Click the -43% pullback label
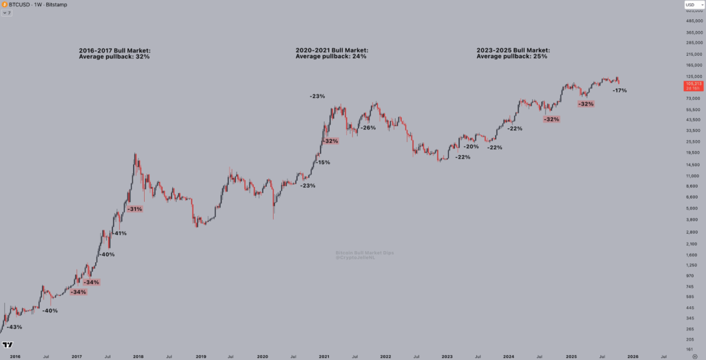pyautogui.click(x=14, y=327)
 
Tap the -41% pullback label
pyautogui.click(x=119, y=233)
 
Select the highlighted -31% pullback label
pyautogui.click(x=135, y=208)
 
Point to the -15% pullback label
pyautogui.click(x=323, y=163)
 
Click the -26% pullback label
pyautogui.click(x=368, y=128)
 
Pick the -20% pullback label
pyautogui.click(x=472, y=146)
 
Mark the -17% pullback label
pyautogui.click(x=619, y=90)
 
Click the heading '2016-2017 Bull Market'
pyautogui.click(x=114, y=50)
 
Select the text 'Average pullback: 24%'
pyautogui.click(x=331, y=57)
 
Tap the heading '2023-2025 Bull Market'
pyautogui.click(x=514, y=50)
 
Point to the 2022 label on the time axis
pyautogui.click(x=385, y=356)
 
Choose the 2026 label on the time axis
pyautogui.click(x=632, y=356)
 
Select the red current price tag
pyautogui.click(x=692, y=86)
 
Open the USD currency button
pyautogui.click(x=693, y=6)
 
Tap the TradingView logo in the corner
pyautogui.click(x=8, y=345)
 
